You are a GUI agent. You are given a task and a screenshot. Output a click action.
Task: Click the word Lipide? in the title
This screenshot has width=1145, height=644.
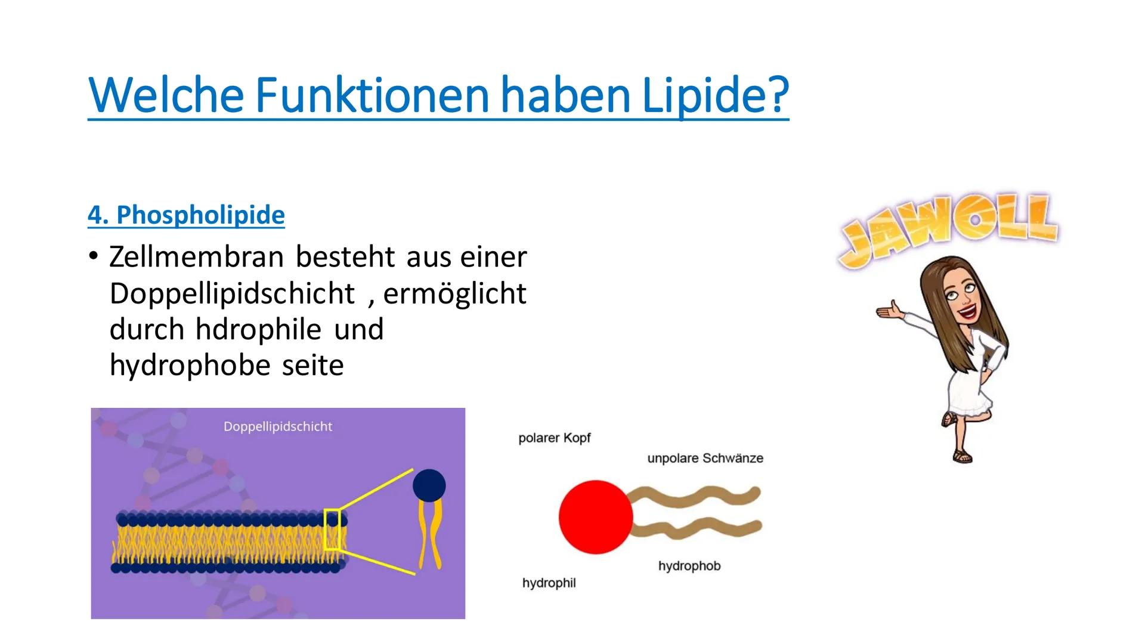point(715,96)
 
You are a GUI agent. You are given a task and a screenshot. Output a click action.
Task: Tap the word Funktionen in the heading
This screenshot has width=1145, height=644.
point(372,95)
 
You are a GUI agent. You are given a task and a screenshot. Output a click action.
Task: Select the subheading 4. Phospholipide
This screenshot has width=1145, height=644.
point(186,215)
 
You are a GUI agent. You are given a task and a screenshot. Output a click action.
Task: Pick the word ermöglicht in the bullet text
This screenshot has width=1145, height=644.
point(454,293)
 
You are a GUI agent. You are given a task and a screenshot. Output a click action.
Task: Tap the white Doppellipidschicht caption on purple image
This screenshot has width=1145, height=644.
point(278,426)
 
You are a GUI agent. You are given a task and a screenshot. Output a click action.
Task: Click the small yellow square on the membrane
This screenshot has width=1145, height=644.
point(332,529)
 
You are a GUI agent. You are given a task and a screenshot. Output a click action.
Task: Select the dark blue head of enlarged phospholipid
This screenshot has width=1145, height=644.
point(429,485)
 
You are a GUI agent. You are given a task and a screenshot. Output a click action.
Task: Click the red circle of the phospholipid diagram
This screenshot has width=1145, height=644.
point(596,517)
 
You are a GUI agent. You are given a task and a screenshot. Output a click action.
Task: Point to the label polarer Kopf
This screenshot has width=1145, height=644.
point(555,438)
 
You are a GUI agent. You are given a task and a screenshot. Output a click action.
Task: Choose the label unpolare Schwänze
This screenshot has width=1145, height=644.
point(705,459)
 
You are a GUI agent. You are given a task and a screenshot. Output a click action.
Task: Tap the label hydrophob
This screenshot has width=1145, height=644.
point(689,566)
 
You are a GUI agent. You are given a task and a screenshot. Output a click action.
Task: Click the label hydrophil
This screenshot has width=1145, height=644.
point(549,583)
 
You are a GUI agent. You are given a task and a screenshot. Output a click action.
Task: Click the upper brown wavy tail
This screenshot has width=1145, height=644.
point(695,499)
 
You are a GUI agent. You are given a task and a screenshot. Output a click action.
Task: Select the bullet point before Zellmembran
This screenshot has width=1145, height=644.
point(92,257)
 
